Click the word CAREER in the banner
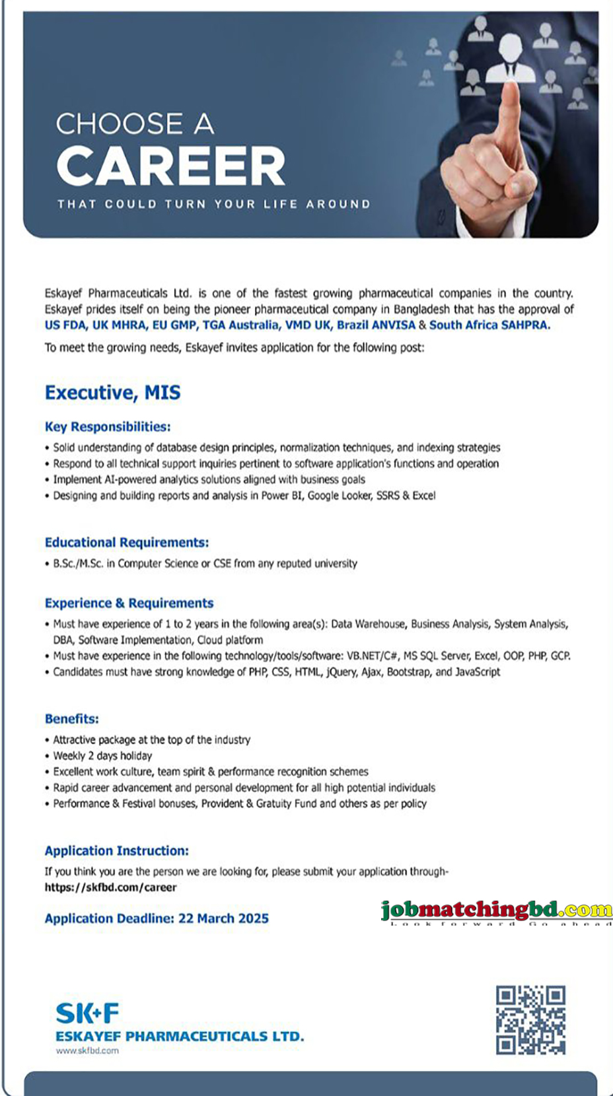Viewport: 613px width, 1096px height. tap(170, 166)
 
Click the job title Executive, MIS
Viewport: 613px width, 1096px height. tap(112, 393)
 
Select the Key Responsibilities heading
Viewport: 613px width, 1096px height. tap(108, 427)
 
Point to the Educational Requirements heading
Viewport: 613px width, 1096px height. tap(127, 542)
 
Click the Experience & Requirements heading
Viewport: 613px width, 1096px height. tap(129, 603)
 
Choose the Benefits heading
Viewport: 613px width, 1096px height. tap(72, 718)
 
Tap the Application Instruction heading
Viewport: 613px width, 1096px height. tap(117, 850)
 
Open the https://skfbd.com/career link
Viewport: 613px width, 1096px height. tap(111, 887)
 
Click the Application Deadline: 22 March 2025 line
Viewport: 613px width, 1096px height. tap(157, 918)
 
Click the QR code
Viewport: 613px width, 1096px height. tap(530, 1020)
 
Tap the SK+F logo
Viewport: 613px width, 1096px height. tap(88, 1013)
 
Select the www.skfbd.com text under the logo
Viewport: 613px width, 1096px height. tap(87, 1050)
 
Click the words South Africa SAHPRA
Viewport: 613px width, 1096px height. tap(489, 325)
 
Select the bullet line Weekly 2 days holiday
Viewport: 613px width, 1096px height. tap(102, 755)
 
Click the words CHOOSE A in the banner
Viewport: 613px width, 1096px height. tap(135, 124)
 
